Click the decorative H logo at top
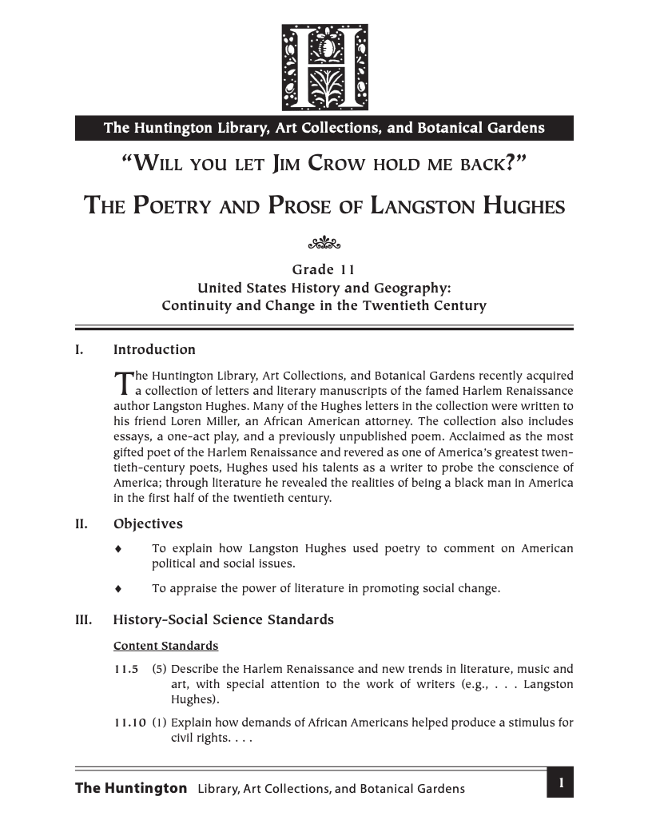click(x=324, y=67)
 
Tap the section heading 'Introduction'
click(x=154, y=349)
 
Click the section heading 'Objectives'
click(x=148, y=524)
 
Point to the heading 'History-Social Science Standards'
click(x=224, y=619)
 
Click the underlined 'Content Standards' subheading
click(x=165, y=645)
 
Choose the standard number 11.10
click(x=129, y=723)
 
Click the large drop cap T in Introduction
click(x=122, y=384)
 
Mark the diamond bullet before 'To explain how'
click(x=118, y=549)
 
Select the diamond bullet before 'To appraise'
click(x=118, y=589)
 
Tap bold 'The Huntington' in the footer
click(x=131, y=788)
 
